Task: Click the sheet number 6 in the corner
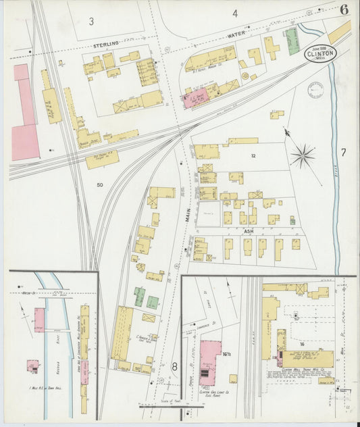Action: pos(344,9)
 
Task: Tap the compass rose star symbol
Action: pos(302,156)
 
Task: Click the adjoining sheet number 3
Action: pos(91,21)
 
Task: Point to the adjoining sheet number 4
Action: pos(235,13)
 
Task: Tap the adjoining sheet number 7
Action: pos(342,153)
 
